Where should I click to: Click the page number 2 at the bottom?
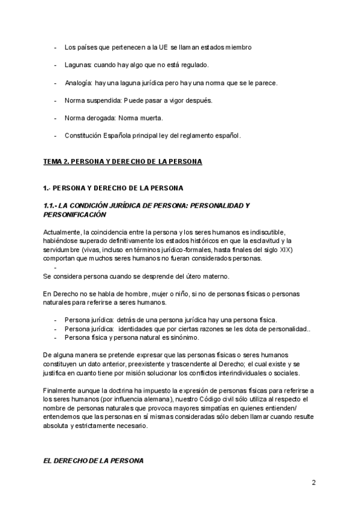click(x=314, y=482)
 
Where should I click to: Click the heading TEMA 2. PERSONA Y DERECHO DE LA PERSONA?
click(x=122, y=162)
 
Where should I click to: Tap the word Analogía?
click(x=79, y=82)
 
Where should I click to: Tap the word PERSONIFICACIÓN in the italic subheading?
click(x=74, y=214)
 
